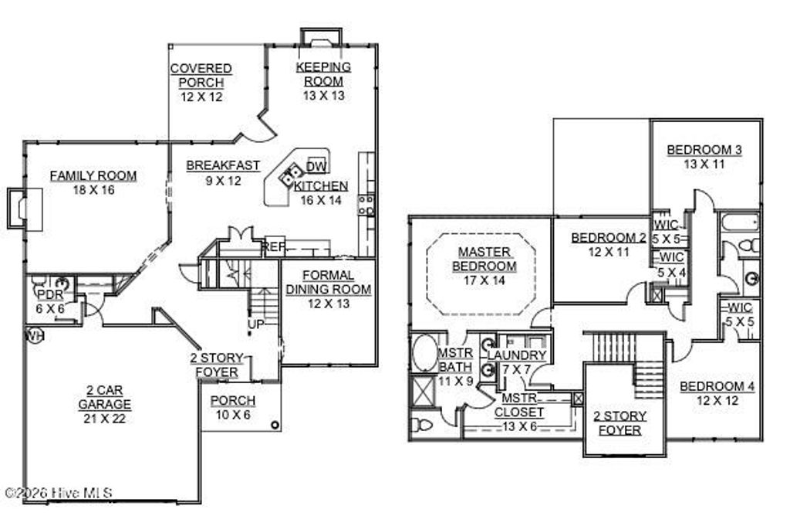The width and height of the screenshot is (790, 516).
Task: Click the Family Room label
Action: pyautogui.click(x=93, y=176)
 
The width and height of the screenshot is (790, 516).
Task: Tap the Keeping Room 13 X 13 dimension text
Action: pyautogui.click(x=323, y=97)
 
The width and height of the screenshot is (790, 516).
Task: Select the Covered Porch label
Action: pyautogui.click(x=201, y=76)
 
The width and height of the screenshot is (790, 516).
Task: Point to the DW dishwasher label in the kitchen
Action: pyautogui.click(x=316, y=167)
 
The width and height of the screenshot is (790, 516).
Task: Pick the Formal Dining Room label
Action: pyautogui.click(x=329, y=283)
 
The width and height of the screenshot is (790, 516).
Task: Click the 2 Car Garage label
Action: pyautogui.click(x=104, y=398)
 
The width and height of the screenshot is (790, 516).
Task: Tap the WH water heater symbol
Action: pyautogui.click(x=33, y=336)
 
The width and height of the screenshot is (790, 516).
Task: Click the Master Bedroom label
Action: pyautogui.click(x=484, y=259)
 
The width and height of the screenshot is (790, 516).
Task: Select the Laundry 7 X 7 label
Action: pyautogui.click(x=517, y=355)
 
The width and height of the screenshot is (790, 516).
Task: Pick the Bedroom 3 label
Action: pyautogui.click(x=704, y=150)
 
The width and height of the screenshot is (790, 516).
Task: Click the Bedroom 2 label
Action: pyautogui.click(x=609, y=238)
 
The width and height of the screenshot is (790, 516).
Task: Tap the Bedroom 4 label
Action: pyautogui.click(x=717, y=386)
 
